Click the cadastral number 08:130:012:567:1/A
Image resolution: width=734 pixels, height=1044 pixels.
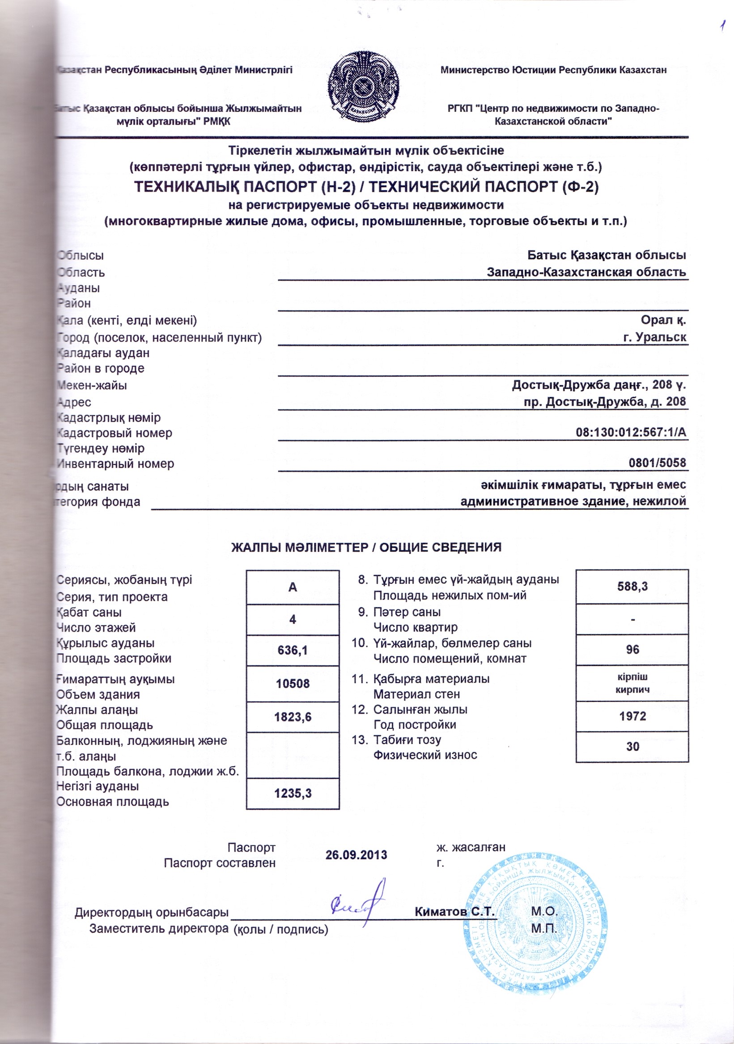pos(631,432)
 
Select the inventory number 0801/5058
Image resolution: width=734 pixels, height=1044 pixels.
pos(657,463)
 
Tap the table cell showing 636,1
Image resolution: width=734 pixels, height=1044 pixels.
pos(293,650)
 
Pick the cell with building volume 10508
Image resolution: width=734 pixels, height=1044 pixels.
pos(293,684)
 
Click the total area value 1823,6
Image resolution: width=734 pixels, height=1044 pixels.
pos(293,717)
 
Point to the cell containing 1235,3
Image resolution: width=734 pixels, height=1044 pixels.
pos(293,794)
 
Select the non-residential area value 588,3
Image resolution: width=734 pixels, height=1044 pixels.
pos(632,587)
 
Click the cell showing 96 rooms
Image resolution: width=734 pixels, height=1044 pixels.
pos(632,649)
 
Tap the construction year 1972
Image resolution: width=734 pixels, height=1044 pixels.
pos(632,716)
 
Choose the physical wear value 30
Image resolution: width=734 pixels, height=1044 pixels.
pos(632,747)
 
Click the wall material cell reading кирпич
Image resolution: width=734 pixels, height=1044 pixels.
pos(632,689)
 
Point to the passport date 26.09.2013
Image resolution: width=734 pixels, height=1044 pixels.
pos(356,855)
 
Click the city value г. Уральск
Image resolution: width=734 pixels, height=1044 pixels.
pos(654,338)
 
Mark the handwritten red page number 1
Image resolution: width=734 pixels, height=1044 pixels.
pos(721,26)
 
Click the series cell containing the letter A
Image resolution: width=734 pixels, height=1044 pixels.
pos(293,587)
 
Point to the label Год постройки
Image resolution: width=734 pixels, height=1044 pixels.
pos(414,725)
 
